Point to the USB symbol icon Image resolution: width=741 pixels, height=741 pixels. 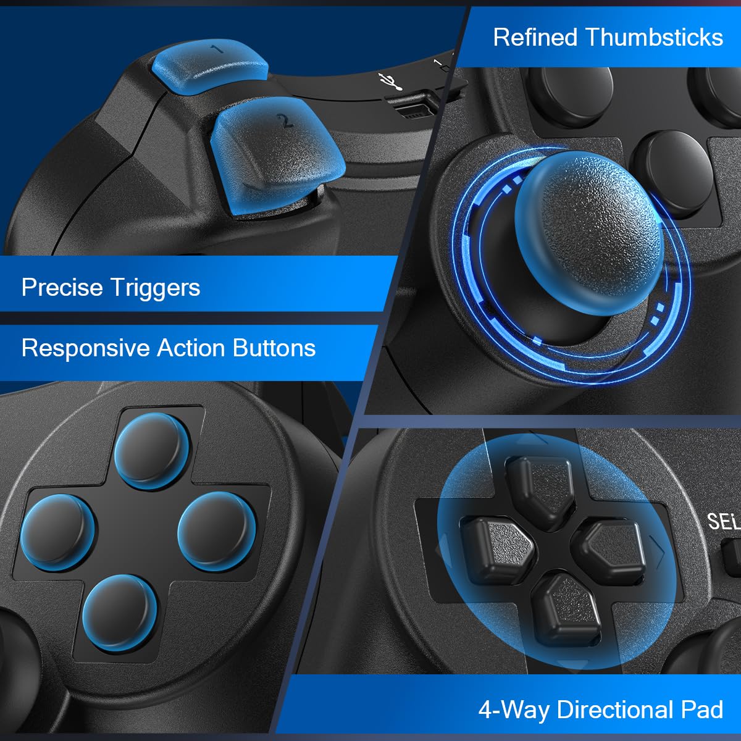(x=390, y=81)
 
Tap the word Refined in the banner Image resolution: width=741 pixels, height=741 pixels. (x=535, y=38)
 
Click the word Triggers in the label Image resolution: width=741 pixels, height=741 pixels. (x=155, y=288)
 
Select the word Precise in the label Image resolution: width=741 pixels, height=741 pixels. (x=62, y=288)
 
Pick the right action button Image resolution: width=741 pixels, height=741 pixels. (x=216, y=528)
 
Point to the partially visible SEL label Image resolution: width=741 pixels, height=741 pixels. (x=723, y=522)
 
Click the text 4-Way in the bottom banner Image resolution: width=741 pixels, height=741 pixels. (x=514, y=710)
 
